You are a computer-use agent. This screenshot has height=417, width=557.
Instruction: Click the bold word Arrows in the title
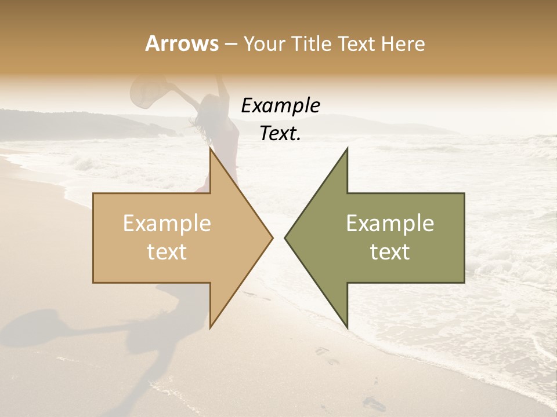coord(182,43)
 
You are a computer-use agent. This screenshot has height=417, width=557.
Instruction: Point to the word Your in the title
coord(265,43)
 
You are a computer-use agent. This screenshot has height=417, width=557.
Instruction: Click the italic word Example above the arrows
coord(280,106)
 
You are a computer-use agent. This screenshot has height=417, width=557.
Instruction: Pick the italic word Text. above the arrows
coord(280,133)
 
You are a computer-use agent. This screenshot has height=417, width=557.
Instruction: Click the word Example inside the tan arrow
coord(167,224)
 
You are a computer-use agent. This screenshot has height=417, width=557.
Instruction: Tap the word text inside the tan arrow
coord(167,252)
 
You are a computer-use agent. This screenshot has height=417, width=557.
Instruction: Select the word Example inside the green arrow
coord(390,224)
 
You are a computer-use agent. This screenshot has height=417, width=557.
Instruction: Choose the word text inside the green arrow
coord(390,252)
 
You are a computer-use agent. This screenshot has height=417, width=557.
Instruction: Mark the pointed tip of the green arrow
coord(286,237)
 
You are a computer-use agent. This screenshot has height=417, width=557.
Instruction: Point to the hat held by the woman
coord(149,93)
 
